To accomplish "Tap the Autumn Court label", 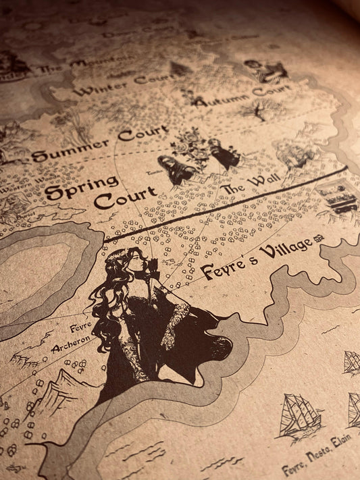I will click(x=241, y=95).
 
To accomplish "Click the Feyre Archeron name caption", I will click(x=72, y=339).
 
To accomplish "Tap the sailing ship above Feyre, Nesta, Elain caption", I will click(x=299, y=418).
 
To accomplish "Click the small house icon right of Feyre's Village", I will click(x=321, y=242).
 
